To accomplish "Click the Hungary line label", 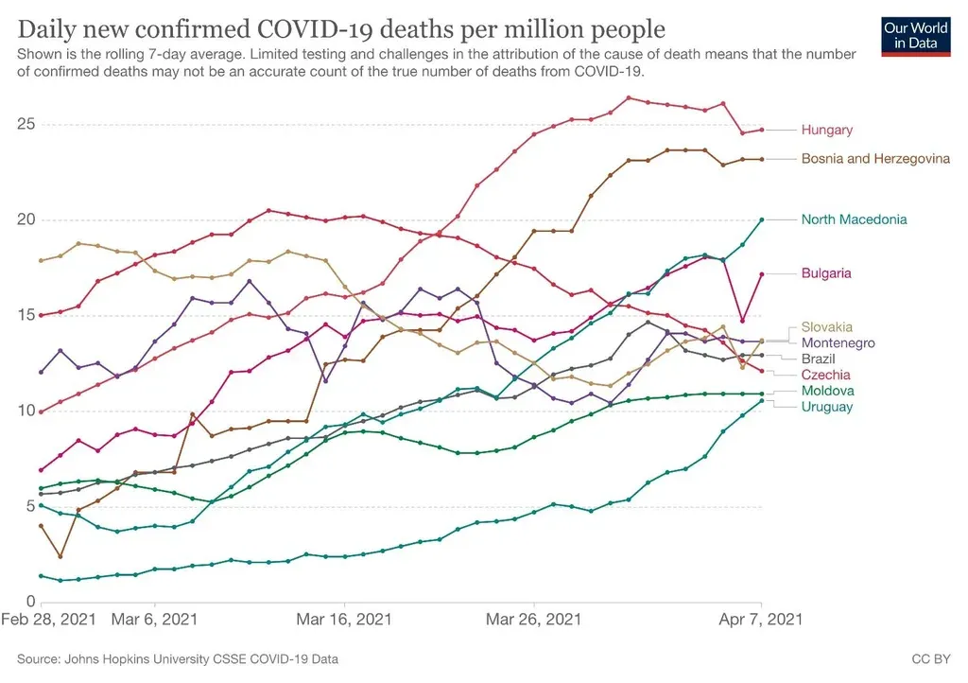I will [x=826, y=130].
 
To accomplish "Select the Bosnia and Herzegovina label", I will [x=875, y=159].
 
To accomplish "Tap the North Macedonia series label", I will [x=854, y=219].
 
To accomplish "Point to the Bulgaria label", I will [x=826, y=273].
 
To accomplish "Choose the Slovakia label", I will [x=826, y=327].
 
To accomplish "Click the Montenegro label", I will [x=838, y=343].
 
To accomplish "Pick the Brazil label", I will [x=820, y=359].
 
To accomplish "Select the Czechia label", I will [x=825, y=376].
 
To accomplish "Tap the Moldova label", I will [x=827, y=391].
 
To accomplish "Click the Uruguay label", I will [x=827, y=407].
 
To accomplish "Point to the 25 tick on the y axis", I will [x=26, y=124].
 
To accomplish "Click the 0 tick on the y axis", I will [x=30, y=602].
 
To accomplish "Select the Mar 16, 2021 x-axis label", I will [x=344, y=620].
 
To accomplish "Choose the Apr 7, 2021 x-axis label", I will [x=762, y=620].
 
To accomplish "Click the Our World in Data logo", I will [x=914, y=35].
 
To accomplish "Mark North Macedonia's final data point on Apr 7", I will [x=762, y=219].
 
